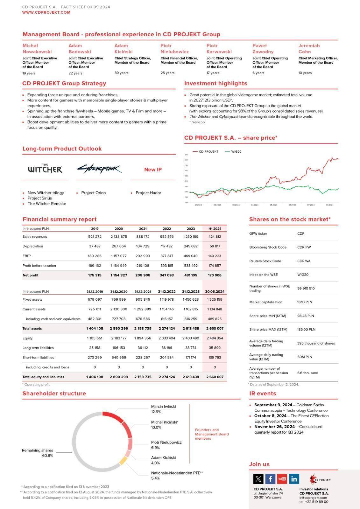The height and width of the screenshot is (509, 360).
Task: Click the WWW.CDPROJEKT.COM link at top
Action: (46, 12)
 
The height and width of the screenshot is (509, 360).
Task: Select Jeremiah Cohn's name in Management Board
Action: (309, 48)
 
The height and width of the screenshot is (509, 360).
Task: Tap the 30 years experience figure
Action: (121, 73)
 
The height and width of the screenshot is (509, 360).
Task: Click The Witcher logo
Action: (45, 169)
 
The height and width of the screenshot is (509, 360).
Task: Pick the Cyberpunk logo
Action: (99, 169)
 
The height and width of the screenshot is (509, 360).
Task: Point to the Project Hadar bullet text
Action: (148, 193)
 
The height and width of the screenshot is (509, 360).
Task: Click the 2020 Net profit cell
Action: (119, 275)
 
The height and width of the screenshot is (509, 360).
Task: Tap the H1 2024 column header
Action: (215, 229)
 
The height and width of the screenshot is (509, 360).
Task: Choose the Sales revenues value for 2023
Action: (191, 237)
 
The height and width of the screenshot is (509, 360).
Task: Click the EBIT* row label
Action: (27, 256)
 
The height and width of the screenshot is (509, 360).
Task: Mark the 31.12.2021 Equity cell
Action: (143, 338)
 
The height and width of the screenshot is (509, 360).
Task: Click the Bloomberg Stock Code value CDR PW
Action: (304, 247)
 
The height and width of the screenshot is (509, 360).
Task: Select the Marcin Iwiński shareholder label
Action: (163, 407)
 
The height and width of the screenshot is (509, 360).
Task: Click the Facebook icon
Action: (270, 478)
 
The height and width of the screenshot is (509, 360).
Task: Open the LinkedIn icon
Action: (294, 478)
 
